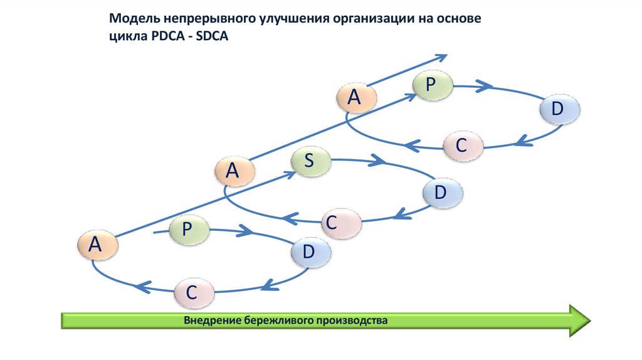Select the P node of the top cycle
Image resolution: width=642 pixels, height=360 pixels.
pyautogui.click(x=431, y=85)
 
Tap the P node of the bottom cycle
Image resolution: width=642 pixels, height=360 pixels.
pyautogui.click(x=187, y=230)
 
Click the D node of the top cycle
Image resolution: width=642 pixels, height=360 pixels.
pyautogui.click(x=558, y=109)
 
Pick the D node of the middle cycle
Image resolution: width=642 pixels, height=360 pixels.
pyautogui.click(x=441, y=193)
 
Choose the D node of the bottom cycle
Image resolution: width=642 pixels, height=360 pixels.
pyautogui.click(x=309, y=252)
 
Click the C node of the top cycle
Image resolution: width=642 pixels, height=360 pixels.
pyautogui.click(x=463, y=146)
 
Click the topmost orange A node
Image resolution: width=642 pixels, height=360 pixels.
pyautogui.click(x=355, y=97)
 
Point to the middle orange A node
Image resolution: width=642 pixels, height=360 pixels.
pyautogui.click(x=233, y=170)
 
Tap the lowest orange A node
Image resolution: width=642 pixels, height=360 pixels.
pyautogui.click(x=96, y=245)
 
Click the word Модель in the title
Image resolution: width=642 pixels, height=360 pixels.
pyautogui.click(x=133, y=19)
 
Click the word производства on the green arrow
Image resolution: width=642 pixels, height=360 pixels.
pyautogui.click(x=352, y=320)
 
